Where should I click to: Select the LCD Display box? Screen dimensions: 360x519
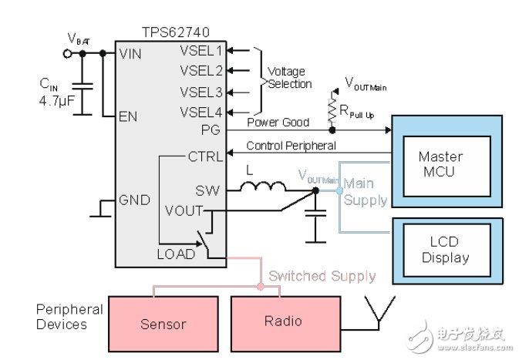444,250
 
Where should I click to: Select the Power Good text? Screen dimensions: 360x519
278,122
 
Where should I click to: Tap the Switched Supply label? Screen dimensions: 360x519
322,275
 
